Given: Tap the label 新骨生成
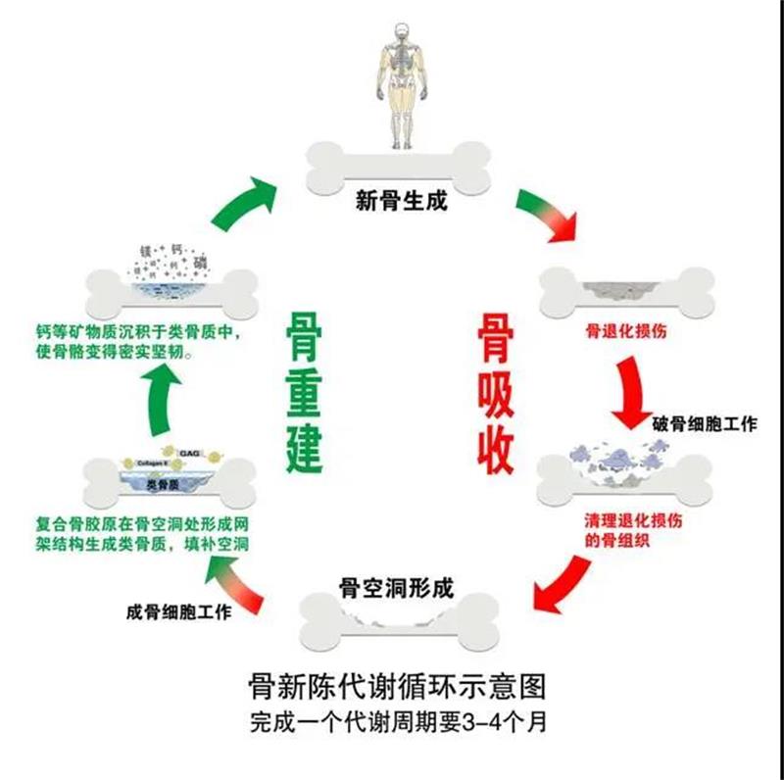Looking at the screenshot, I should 400,203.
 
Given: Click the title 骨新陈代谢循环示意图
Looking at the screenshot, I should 397,684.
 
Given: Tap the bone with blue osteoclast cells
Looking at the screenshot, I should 630,471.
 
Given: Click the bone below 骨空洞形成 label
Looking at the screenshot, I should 397,625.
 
